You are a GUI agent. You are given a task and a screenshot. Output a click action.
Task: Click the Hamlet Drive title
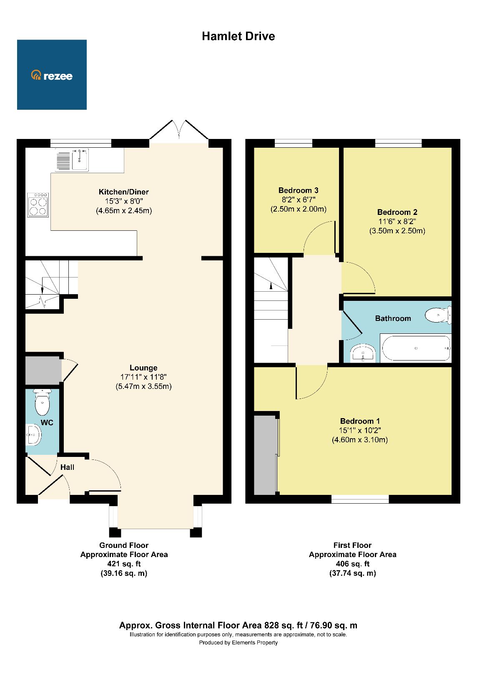(x=238, y=36)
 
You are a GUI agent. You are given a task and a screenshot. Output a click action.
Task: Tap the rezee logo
(x=52, y=75)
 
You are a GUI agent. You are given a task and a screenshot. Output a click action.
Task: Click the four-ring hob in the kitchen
(x=38, y=204)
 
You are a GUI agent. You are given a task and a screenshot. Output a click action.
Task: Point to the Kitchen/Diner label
(x=123, y=192)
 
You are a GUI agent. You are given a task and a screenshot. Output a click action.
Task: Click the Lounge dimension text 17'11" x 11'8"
(x=143, y=377)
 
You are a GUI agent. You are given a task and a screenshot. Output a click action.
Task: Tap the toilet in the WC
(x=42, y=402)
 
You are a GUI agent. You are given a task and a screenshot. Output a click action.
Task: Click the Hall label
(x=67, y=467)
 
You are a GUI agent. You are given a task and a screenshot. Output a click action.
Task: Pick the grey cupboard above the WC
(x=43, y=370)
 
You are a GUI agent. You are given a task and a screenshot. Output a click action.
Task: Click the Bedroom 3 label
(x=299, y=190)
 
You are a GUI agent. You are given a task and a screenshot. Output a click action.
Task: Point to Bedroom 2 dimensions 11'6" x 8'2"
(x=397, y=222)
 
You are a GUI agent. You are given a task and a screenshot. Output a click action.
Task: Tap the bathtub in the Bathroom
(x=416, y=348)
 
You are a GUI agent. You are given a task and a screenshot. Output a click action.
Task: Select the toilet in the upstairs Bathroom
(x=437, y=315)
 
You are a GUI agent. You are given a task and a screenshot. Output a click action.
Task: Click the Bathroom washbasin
(x=364, y=354)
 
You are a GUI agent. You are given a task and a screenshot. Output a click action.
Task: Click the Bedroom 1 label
(x=360, y=421)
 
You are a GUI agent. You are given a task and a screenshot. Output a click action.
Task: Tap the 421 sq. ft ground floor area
(x=124, y=564)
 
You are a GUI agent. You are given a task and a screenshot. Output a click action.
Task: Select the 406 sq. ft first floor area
(x=352, y=564)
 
